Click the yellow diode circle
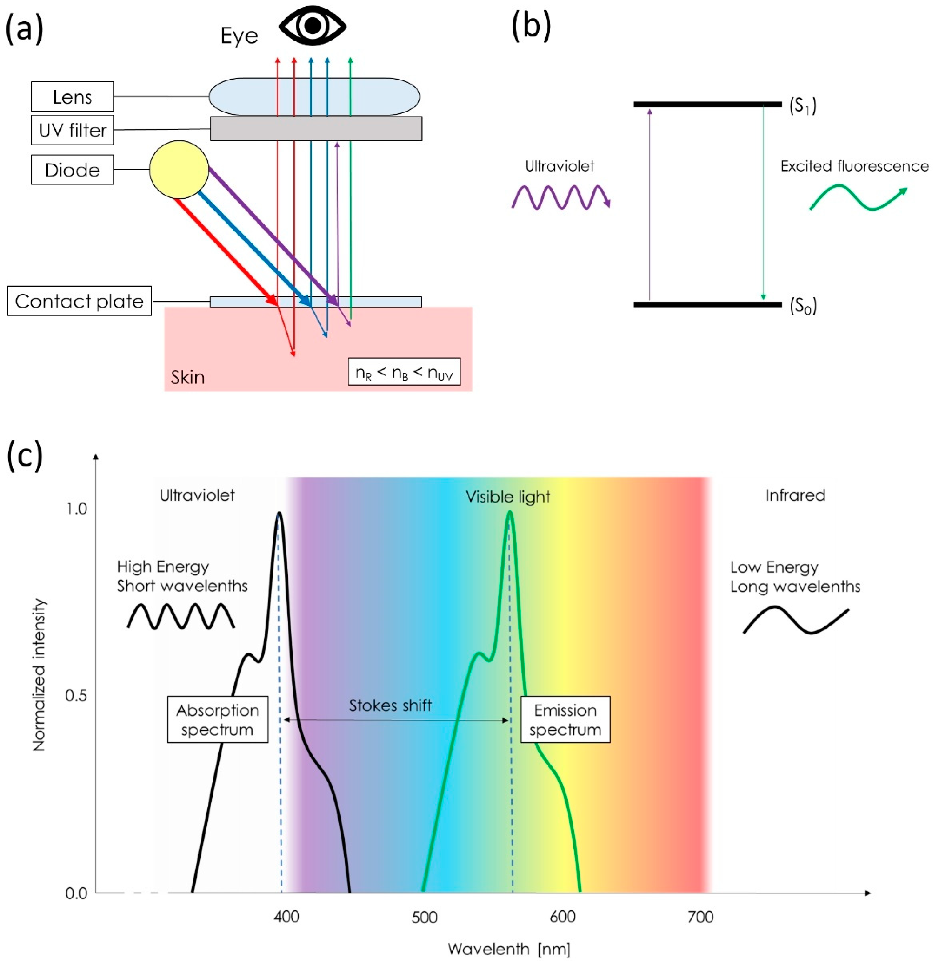point(179,170)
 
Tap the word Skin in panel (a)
point(188,377)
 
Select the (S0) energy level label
point(802,306)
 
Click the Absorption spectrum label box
point(217,719)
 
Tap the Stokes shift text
point(390,705)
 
